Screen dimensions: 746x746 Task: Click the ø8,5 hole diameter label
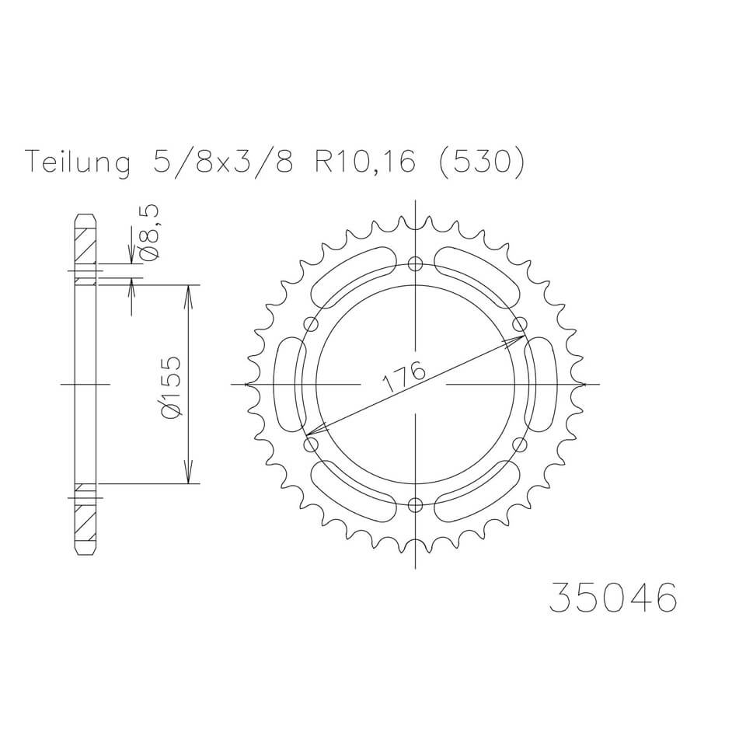[x=151, y=233]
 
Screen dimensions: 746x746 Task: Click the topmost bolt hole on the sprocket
[x=415, y=262]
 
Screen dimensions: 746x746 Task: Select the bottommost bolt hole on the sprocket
[x=415, y=506]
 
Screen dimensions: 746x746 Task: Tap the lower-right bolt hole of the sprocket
[x=520, y=444]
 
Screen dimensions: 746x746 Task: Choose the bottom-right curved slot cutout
[x=478, y=490]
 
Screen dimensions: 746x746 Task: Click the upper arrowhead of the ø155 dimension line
[x=187, y=295]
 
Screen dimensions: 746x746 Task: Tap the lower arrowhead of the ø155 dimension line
[x=187, y=473]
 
